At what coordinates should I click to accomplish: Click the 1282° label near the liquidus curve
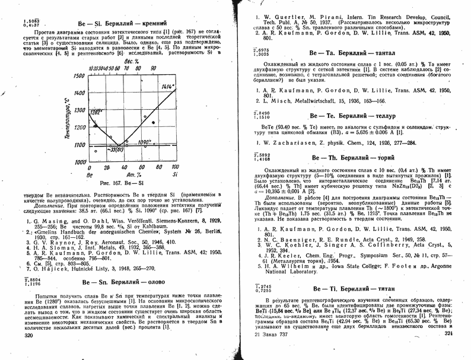[x=96, y=111]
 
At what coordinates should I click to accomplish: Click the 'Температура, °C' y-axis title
[x=68, y=119]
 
